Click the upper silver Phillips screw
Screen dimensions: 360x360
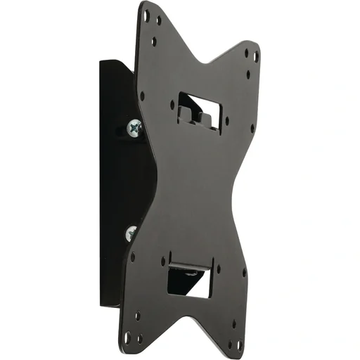click(134, 127)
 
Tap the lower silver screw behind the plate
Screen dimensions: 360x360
click(131, 233)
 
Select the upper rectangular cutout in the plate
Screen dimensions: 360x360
click(200, 109)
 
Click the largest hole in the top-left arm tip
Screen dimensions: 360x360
click(146, 12)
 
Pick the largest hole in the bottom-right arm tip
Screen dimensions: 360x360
click(239, 345)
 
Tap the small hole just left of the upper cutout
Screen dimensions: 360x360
click(172, 103)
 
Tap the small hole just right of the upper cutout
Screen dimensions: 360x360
click(226, 120)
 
